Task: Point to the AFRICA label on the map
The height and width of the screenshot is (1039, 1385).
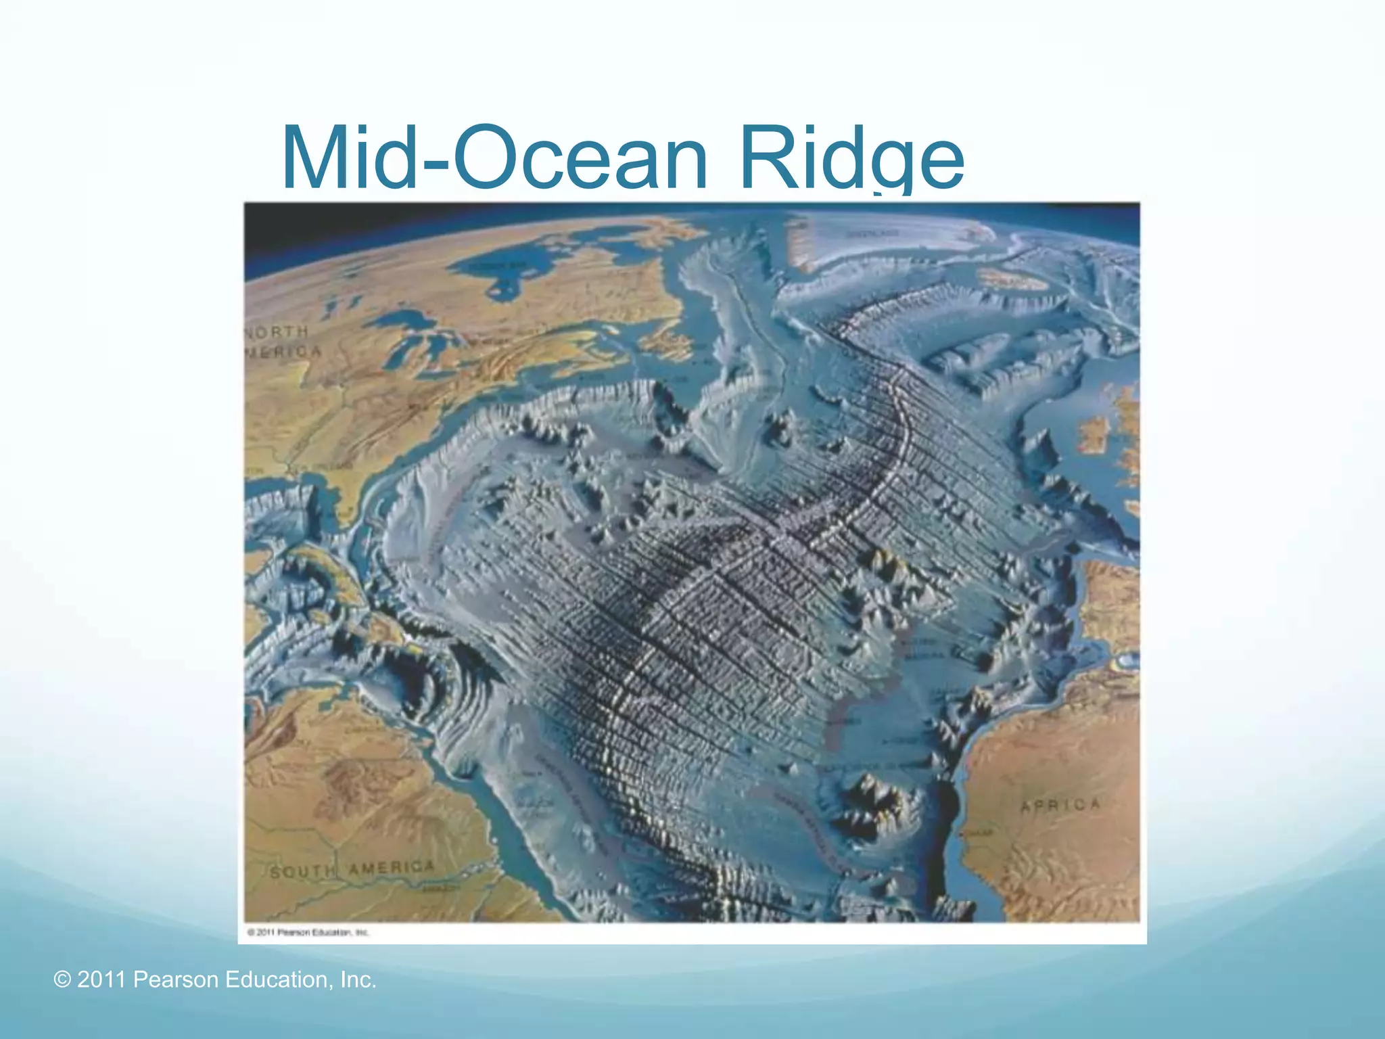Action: pos(1060,805)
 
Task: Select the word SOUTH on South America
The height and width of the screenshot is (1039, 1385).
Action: pos(302,872)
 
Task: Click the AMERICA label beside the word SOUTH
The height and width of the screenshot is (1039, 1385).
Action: pos(392,867)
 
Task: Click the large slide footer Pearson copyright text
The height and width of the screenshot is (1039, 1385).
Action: pos(215,979)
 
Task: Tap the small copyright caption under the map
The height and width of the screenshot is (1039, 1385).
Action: pos(308,932)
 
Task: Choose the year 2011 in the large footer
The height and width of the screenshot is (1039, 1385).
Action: pos(101,979)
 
